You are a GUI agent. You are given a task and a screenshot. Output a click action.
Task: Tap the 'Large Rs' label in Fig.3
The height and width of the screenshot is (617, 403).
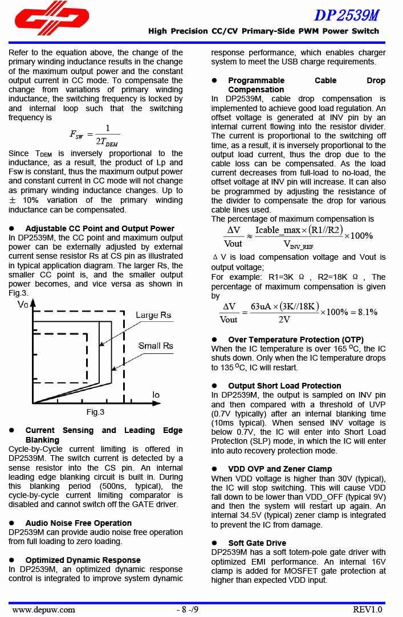click(x=153, y=315)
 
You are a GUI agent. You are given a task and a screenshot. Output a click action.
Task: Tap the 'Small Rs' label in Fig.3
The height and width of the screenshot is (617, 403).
click(x=156, y=346)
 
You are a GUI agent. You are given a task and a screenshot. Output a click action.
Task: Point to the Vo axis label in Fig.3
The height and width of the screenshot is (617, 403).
click(x=23, y=305)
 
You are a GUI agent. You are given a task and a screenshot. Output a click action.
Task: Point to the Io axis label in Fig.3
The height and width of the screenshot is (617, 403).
click(x=156, y=394)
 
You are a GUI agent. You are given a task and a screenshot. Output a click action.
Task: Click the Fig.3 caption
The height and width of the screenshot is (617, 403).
click(x=95, y=412)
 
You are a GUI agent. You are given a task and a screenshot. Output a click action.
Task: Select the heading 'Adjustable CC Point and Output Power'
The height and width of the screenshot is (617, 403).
click(x=100, y=228)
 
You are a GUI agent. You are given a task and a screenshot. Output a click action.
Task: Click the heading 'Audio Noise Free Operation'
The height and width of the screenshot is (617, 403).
click(x=78, y=523)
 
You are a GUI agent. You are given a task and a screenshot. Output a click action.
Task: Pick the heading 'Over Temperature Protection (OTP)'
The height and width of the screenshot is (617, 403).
click(x=295, y=340)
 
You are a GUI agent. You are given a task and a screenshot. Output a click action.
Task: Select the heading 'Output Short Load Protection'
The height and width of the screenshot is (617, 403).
click(x=284, y=386)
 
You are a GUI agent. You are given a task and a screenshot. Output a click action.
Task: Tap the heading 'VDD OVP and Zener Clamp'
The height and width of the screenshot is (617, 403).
click(x=280, y=469)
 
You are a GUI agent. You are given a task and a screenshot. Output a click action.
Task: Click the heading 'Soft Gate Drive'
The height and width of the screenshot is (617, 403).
click(x=257, y=543)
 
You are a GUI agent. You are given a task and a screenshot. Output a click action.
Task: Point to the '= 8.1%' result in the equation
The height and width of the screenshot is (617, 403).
click(x=363, y=312)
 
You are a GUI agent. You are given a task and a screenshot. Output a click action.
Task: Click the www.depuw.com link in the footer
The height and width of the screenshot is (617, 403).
click(x=43, y=609)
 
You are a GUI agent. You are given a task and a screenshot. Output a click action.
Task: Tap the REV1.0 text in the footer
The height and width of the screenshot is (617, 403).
click(x=367, y=609)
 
